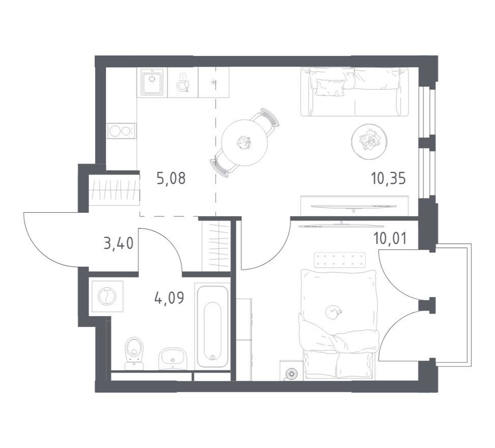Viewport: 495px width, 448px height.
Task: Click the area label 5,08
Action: click(x=171, y=179)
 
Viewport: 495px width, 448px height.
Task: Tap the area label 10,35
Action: click(x=388, y=179)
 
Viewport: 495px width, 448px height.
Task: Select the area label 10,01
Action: click(x=390, y=239)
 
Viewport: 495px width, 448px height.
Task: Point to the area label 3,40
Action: click(x=119, y=244)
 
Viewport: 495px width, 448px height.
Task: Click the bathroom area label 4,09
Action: click(x=169, y=298)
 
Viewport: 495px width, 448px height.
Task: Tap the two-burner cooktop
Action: click(x=122, y=130)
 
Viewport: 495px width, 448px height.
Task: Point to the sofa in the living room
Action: click(x=355, y=91)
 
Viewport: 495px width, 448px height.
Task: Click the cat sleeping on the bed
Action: click(x=333, y=313)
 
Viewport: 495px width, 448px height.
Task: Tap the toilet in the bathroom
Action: click(x=134, y=353)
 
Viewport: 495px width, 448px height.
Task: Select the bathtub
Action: click(x=213, y=326)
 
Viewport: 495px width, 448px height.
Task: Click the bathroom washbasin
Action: click(x=172, y=359)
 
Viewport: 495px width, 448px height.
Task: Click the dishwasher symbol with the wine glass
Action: click(x=183, y=83)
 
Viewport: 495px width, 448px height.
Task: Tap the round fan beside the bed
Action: click(x=291, y=374)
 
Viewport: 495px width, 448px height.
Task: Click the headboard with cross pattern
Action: click(x=340, y=260)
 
